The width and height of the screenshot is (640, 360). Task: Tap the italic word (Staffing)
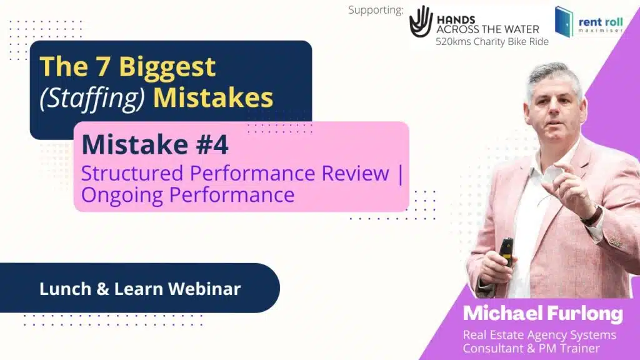pos(92,98)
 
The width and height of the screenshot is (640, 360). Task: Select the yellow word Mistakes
pos(213,97)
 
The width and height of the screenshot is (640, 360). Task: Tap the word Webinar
pos(204,289)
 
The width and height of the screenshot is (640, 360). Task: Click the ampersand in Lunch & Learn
pos(103,289)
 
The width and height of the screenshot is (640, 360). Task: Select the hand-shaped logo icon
pos(421,21)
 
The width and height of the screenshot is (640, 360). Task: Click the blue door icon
pos(564,22)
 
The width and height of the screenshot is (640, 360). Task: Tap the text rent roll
pos(601,22)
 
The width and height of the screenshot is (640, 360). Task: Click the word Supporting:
pos(376,10)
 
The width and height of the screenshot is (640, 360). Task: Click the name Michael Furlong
pos(543,314)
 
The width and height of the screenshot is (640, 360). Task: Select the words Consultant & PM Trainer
pos(531,348)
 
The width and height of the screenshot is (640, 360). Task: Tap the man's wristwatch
pos(593,216)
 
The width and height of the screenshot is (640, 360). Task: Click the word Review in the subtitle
pos(355,173)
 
